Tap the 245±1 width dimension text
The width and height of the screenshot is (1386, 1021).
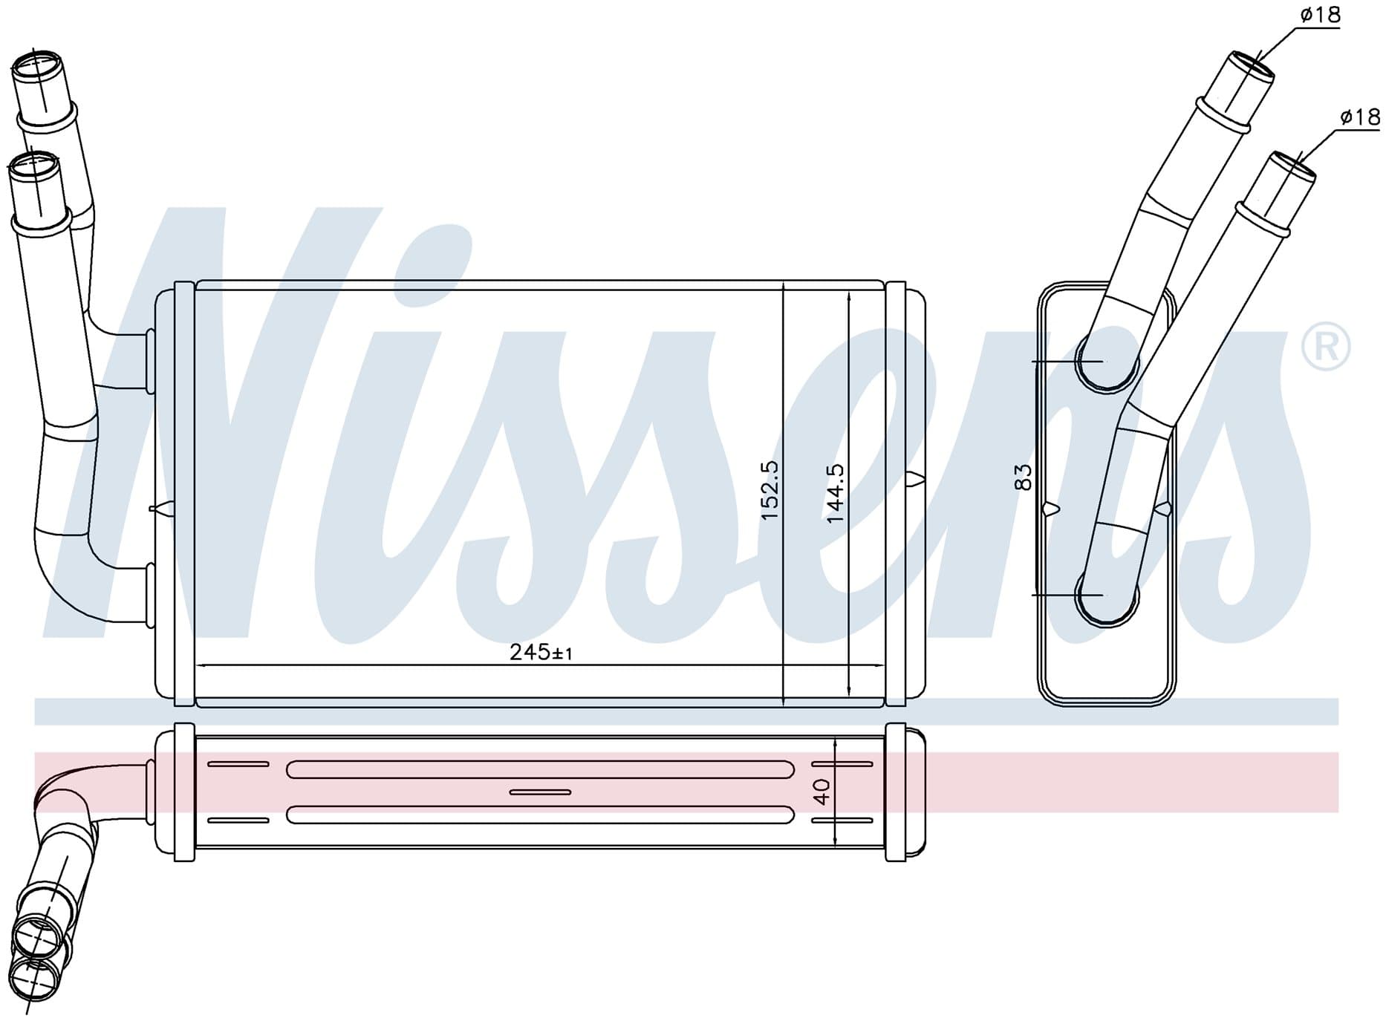[x=541, y=652]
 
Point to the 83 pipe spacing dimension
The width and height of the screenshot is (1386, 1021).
[x=1023, y=476]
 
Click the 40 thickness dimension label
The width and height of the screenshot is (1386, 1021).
[x=821, y=792]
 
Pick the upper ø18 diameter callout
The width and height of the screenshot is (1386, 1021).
[x=1320, y=14]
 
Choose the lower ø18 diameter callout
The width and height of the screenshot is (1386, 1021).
[x=1359, y=117]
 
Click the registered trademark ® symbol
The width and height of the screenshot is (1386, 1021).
[x=1327, y=348]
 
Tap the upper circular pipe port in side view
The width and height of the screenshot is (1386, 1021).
[x=1107, y=362]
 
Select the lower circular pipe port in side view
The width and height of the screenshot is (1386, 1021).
[x=1107, y=595]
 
